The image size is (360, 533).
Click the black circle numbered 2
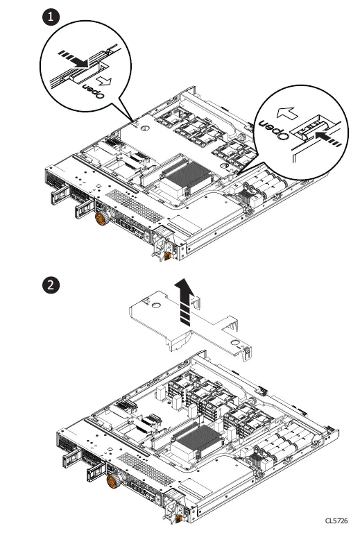pyautogui.click(x=50, y=284)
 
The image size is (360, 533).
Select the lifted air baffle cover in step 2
pyautogui.click(x=187, y=333)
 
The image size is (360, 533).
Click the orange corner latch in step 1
pyautogui.click(x=168, y=256)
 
